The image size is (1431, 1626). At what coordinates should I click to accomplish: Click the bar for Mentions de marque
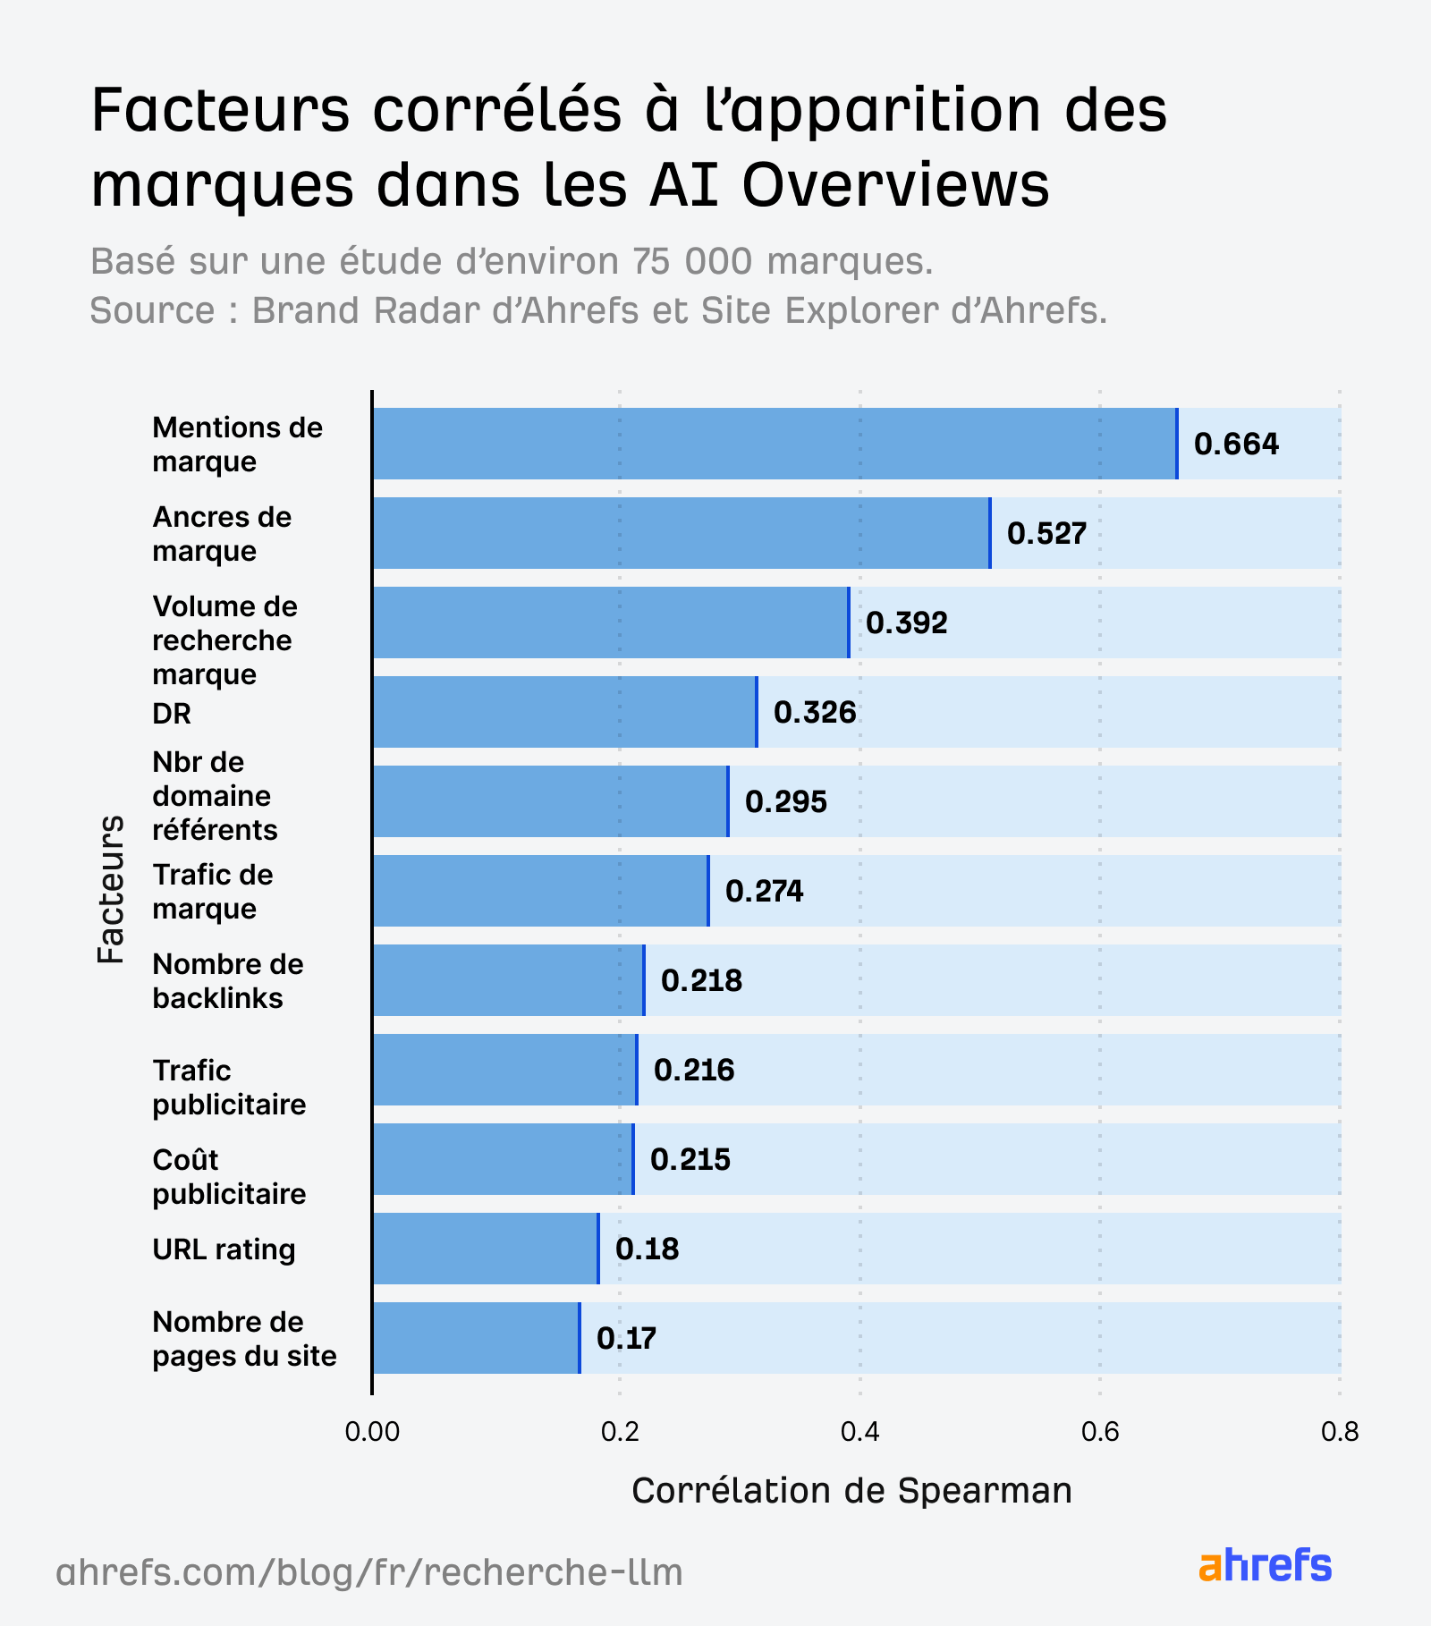pyautogui.click(x=774, y=444)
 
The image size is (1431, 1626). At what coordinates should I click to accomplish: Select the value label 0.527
pyautogui.click(x=1046, y=533)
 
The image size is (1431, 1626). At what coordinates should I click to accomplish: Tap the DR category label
pyautogui.click(x=172, y=714)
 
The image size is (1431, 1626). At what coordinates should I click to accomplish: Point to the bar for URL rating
pyautogui.click(x=485, y=1249)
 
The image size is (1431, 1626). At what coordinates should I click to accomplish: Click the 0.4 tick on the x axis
pyautogui.click(x=859, y=1432)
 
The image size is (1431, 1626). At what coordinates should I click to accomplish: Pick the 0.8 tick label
pyautogui.click(x=1339, y=1432)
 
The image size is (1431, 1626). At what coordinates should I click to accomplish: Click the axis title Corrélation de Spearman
pyautogui.click(x=851, y=1490)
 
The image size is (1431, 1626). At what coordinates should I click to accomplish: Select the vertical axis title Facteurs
pyautogui.click(x=111, y=889)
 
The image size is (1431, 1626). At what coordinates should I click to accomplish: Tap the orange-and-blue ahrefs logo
pyautogui.click(x=1265, y=1566)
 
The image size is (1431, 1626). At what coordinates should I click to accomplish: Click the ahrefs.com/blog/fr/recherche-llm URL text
pyautogui.click(x=369, y=1571)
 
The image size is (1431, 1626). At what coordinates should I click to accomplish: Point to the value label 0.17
pyautogui.click(x=626, y=1338)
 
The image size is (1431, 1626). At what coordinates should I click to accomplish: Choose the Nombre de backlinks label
pyautogui.click(x=228, y=981)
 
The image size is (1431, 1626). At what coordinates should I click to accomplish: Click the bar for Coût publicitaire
pyautogui.click(x=503, y=1159)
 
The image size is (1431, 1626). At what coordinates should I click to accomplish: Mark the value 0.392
pyautogui.click(x=906, y=622)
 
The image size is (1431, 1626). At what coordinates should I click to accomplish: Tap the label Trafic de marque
pyautogui.click(x=213, y=892)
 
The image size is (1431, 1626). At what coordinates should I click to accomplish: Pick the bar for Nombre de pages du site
pyautogui.click(x=476, y=1338)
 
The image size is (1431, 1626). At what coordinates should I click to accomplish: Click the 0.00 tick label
pyautogui.click(x=371, y=1432)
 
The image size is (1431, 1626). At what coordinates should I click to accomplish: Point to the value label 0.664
pyautogui.click(x=1236, y=444)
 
